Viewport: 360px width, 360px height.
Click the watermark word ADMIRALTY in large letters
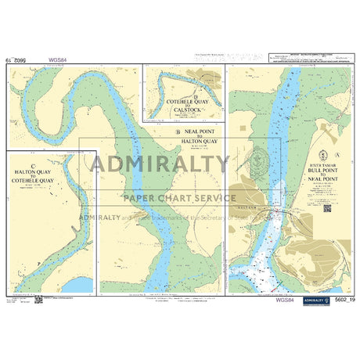(160, 164)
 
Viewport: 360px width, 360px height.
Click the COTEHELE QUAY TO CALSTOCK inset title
(185, 106)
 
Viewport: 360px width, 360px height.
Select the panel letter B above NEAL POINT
(178, 131)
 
